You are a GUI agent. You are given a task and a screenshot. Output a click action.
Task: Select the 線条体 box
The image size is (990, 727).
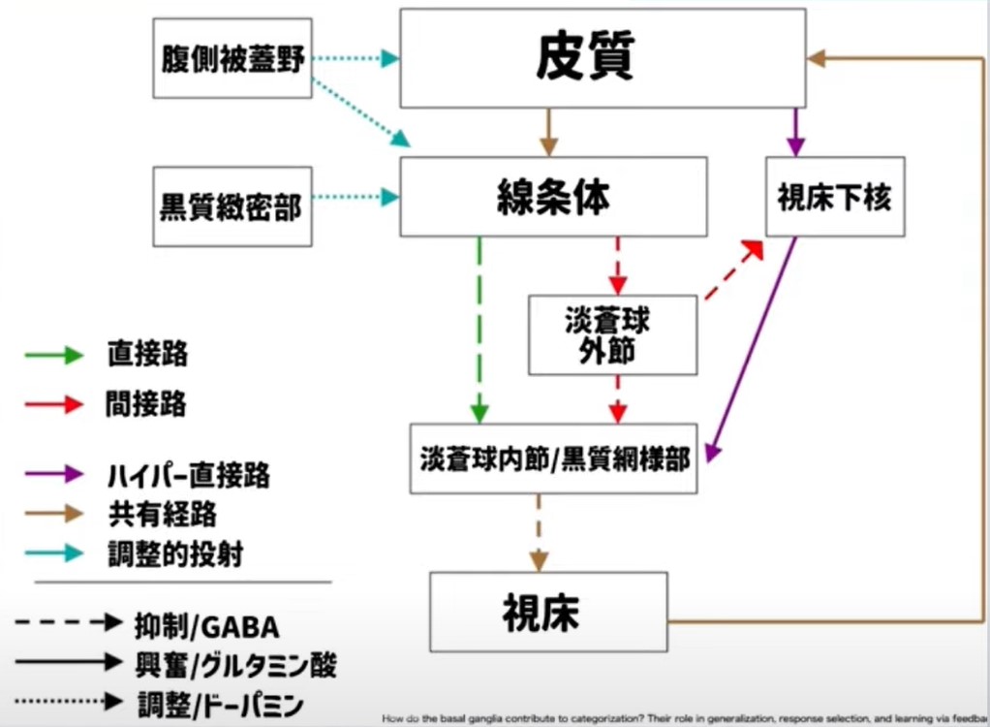pyautogui.click(x=553, y=198)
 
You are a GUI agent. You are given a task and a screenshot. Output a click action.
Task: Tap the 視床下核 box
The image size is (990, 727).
pyautogui.click(x=834, y=197)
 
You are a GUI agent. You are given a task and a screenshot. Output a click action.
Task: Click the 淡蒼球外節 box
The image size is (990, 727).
pyautogui.click(x=612, y=335)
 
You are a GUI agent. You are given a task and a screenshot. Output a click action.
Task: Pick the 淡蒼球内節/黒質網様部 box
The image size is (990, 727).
pyautogui.click(x=554, y=458)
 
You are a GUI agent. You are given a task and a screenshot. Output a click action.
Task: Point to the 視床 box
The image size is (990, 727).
pyautogui.click(x=548, y=612)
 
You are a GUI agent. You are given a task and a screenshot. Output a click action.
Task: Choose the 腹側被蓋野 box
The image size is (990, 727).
pyautogui.click(x=233, y=58)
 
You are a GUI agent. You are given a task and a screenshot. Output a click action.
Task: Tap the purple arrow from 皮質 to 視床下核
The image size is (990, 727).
pyautogui.click(x=795, y=132)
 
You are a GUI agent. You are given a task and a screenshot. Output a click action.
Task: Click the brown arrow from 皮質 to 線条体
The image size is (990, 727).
pyautogui.click(x=550, y=132)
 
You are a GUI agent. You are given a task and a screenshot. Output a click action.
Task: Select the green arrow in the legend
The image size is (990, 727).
pyautogui.click(x=54, y=355)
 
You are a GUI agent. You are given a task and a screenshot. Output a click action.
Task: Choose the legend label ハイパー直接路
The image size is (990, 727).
pyautogui.click(x=189, y=476)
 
